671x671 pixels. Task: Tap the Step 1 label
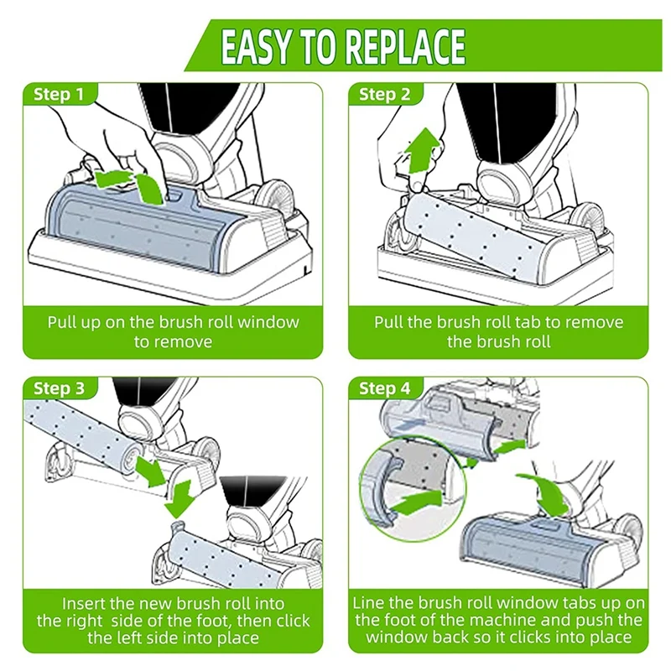click(x=59, y=94)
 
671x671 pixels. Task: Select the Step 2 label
click(x=384, y=94)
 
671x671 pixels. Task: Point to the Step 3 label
click(x=59, y=388)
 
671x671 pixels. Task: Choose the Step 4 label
click(x=384, y=388)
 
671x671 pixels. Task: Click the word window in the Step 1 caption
click(x=273, y=322)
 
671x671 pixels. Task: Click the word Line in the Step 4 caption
click(x=370, y=603)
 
